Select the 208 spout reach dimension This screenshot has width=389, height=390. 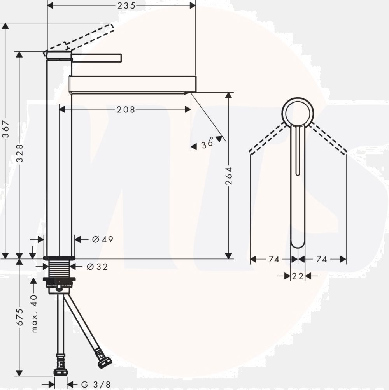click(126, 110)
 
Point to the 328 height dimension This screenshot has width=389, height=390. click(19, 153)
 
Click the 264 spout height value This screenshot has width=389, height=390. click(229, 176)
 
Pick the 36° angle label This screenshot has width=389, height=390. click(208, 143)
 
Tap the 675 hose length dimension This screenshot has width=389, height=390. click(20, 317)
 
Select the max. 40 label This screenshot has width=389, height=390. click(34, 314)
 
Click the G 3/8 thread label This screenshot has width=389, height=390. click(96, 385)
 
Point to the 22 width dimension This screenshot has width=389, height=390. click(298, 276)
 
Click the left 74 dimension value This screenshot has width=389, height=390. click(274, 259)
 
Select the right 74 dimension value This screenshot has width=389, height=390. click(322, 259)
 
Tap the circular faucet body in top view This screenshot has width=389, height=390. click(298, 112)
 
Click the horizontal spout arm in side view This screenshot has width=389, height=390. click(132, 84)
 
